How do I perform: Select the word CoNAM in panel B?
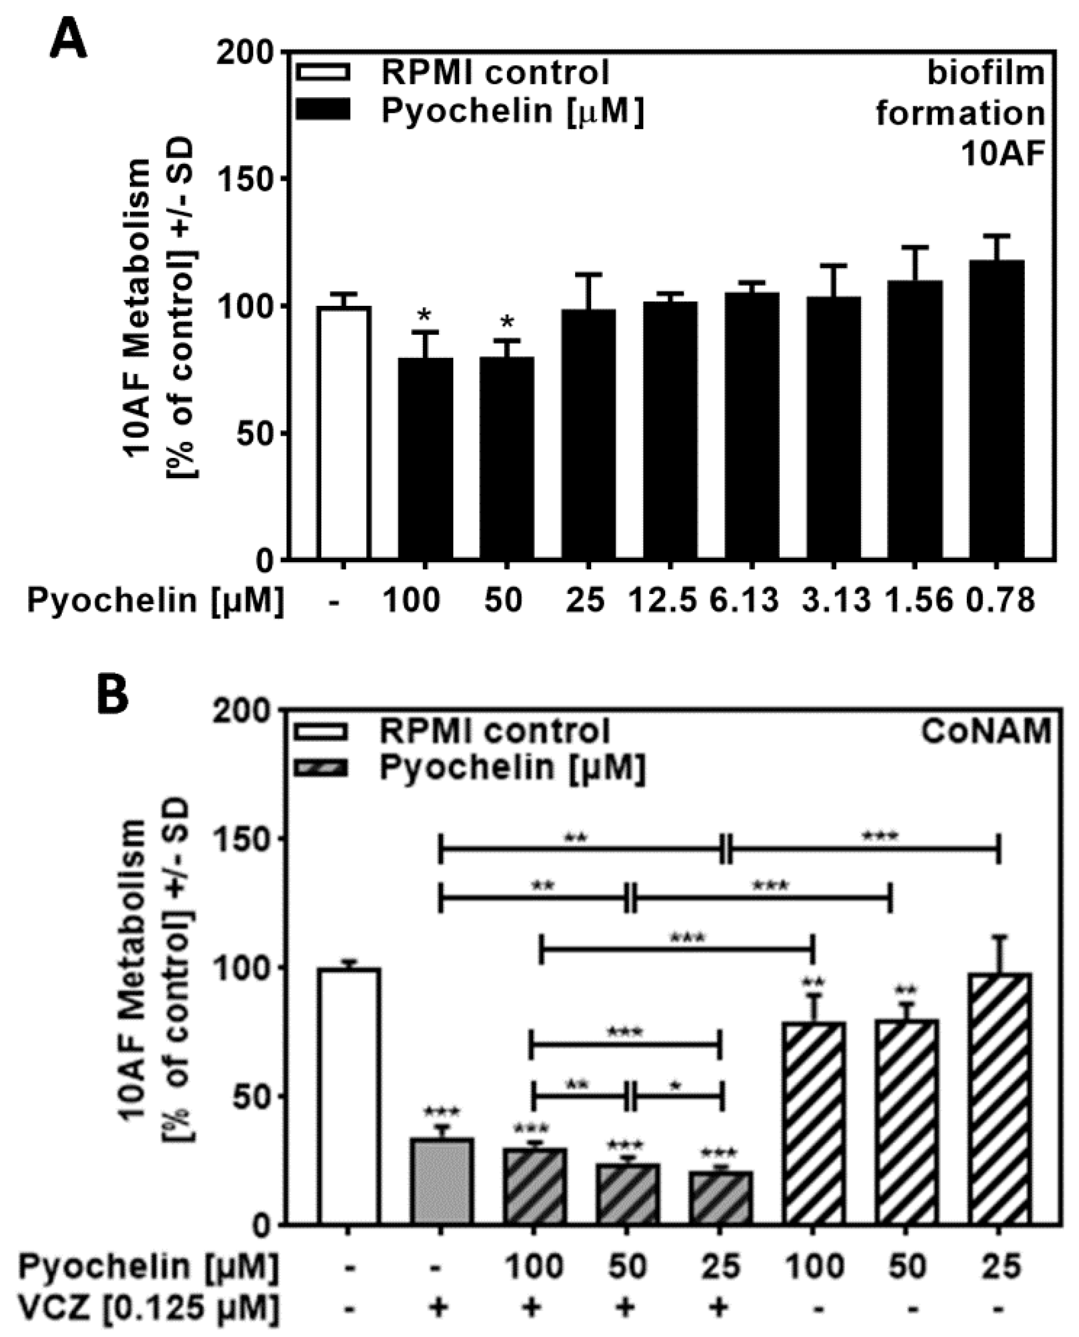click(985, 731)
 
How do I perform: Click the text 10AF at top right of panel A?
click(1002, 155)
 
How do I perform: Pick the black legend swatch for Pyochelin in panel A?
click(323, 111)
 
